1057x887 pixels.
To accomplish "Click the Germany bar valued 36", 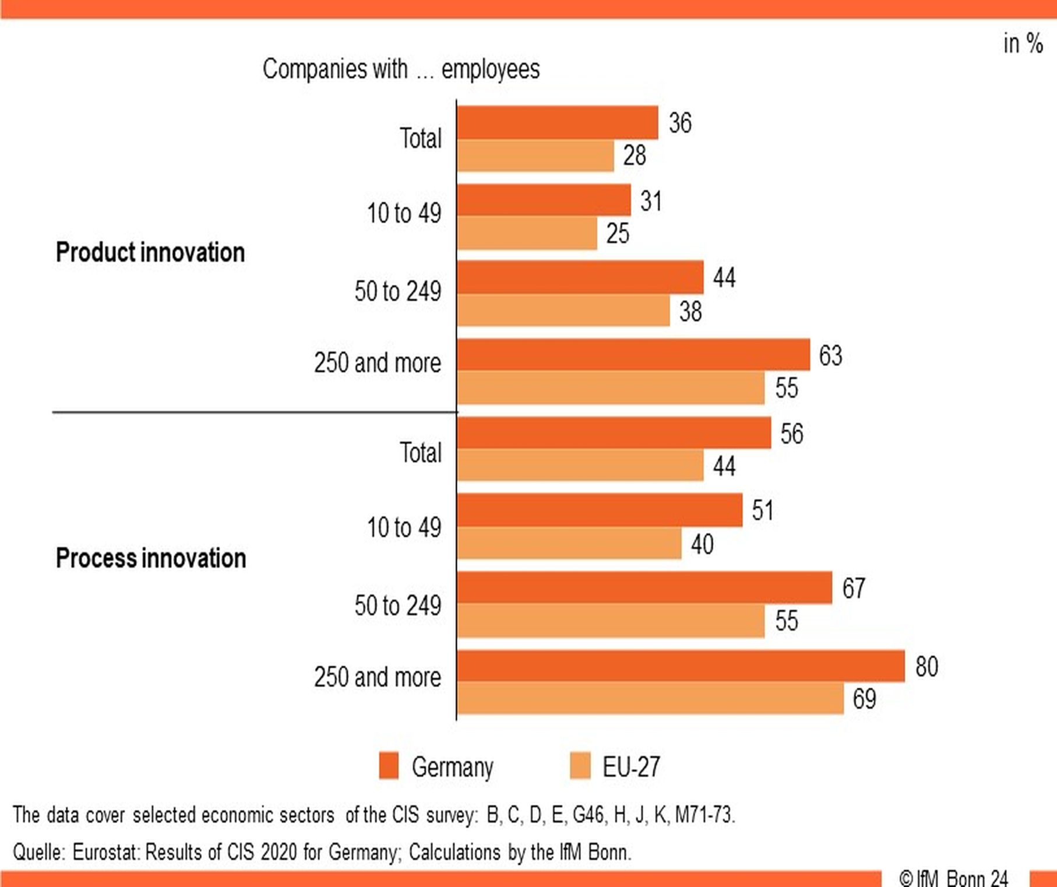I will (x=558, y=123).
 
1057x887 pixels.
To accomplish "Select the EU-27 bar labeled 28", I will (x=535, y=156).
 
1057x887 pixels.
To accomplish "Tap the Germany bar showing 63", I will (x=633, y=355).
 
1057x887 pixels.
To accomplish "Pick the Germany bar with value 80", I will (x=681, y=666).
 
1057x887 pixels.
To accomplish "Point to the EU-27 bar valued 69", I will (x=650, y=698).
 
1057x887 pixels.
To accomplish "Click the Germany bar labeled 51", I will (x=600, y=511).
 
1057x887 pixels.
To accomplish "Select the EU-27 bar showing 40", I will (x=569, y=543).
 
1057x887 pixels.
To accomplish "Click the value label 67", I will (x=854, y=588).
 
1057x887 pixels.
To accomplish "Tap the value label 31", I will (x=651, y=201).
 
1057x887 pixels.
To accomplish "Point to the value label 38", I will (x=690, y=311).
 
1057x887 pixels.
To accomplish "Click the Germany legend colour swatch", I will (x=389, y=766).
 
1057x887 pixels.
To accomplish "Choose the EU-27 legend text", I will (x=631, y=767).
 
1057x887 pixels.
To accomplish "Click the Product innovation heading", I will (x=150, y=252).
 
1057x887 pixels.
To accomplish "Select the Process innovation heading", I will (x=151, y=558).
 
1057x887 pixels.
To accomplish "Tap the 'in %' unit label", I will (x=1023, y=44).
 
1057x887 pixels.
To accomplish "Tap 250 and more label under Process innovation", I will (x=378, y=677).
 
